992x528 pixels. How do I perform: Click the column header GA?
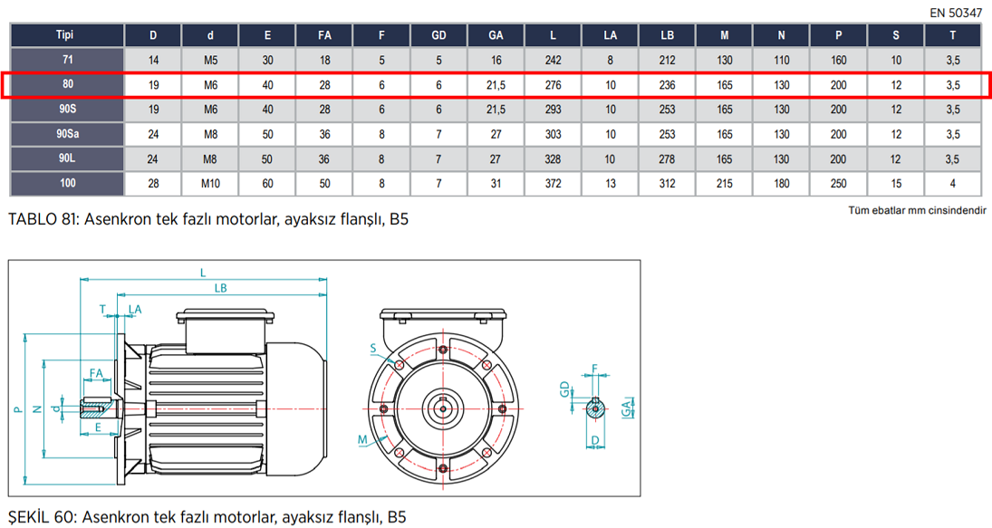click(496, 35)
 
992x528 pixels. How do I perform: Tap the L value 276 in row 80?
click(553, 85)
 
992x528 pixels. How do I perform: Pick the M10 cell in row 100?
click(210, 184)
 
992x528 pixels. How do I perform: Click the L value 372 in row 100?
click(553, 184)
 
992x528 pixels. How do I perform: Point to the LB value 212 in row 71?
click(668, 61)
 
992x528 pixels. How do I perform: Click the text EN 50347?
click(955, 14)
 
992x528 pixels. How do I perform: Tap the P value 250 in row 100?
click(838, 184)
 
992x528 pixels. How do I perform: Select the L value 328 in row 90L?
click(553, 158)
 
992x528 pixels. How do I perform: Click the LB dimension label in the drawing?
click(220, 288)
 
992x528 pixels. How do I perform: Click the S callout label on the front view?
click(373, 348)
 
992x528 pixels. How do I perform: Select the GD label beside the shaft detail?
click(563, 389)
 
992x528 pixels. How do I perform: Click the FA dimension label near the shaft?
click(96, 373)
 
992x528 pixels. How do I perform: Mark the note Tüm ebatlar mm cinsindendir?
click(917, 210)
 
